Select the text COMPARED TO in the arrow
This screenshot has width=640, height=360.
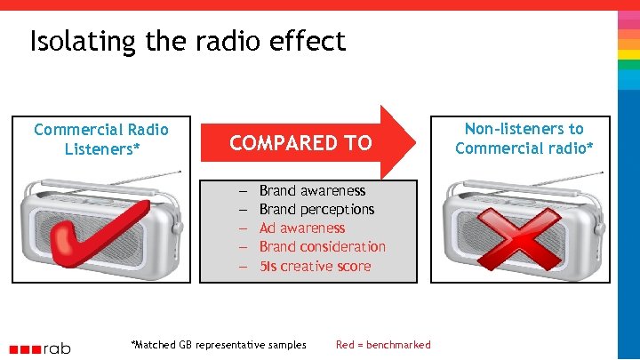coord(300,143)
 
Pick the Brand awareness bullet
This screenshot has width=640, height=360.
coord(312,190)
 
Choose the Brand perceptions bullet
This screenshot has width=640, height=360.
coord(316,209)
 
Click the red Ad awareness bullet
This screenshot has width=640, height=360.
coord(302,228)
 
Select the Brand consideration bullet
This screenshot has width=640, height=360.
coord(323,246)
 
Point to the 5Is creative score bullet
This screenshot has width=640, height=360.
coord(315,266)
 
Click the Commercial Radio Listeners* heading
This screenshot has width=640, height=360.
coord(101,139)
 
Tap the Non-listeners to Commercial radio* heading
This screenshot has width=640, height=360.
coord(524,138)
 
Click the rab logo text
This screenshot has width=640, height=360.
coord(55,348)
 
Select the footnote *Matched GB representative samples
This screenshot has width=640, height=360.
coord(219,345)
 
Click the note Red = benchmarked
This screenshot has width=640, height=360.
coord(383,345)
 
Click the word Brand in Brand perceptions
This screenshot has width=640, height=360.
coord(276,209)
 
